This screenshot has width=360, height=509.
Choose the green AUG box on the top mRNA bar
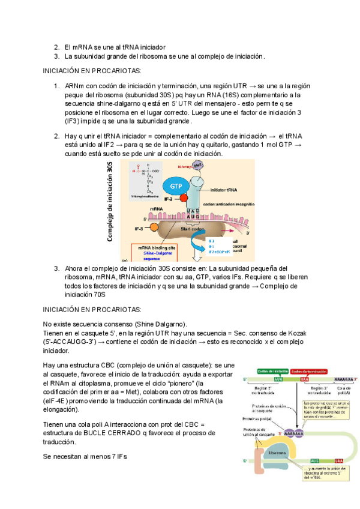click(278, 379)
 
